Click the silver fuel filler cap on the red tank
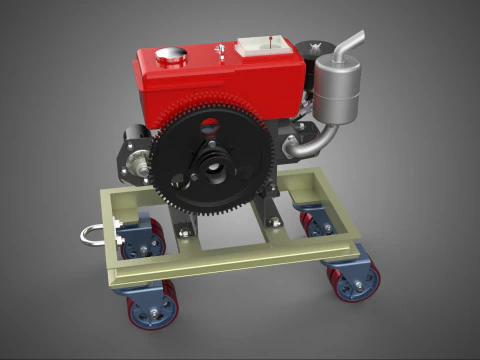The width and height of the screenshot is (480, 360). (171, 56)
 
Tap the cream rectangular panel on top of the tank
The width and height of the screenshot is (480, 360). (263, 47)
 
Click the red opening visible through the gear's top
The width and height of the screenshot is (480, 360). (210, 126)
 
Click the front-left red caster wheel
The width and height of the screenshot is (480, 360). (152, 306)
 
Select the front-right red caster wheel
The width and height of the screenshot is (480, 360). (354, 282)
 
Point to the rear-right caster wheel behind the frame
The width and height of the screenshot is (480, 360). (319, 222)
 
